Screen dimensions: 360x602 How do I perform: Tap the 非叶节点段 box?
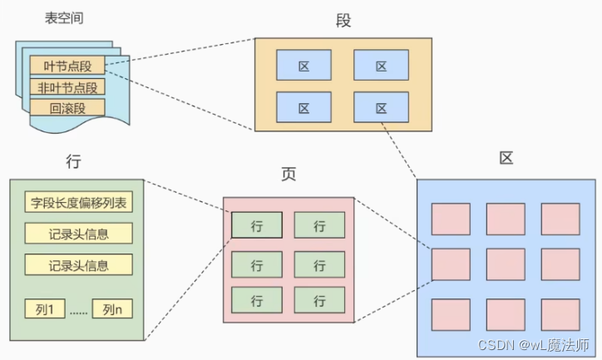pos(68,86)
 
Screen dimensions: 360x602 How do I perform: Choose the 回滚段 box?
pos(68,108)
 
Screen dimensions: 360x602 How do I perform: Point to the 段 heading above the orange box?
pos(343,20)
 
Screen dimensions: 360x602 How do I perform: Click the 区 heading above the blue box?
pos(506,159)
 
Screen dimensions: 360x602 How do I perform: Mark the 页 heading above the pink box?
pos(289,175)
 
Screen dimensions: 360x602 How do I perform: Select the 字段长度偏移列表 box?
pos(78,202)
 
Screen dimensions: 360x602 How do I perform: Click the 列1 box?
pos(46,309)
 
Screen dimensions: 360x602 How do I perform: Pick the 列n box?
pos(112,309)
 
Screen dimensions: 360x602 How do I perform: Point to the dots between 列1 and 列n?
pos(79,311)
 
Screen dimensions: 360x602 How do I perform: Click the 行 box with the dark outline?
pos(256,224)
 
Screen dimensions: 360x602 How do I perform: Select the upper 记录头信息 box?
pos(78,234)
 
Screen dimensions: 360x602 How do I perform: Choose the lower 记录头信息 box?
pos(78,265)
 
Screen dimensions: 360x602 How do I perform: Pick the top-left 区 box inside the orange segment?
pos(303,65)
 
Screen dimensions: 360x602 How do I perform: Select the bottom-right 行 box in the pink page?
pos(320,299)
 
